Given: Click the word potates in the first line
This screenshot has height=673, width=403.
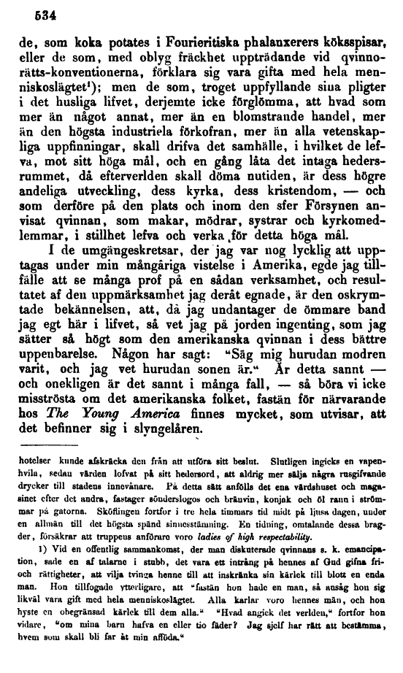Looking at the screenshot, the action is tap(115, 42).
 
